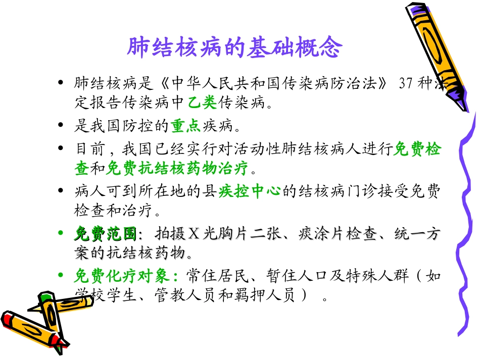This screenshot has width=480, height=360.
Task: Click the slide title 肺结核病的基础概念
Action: point(234,48)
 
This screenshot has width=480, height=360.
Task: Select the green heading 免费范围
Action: point(106,234)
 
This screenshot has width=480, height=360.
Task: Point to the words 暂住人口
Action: point(291,276)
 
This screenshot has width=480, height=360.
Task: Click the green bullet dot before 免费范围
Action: point(61,234)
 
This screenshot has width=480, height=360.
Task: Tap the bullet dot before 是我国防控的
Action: point(61,125)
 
